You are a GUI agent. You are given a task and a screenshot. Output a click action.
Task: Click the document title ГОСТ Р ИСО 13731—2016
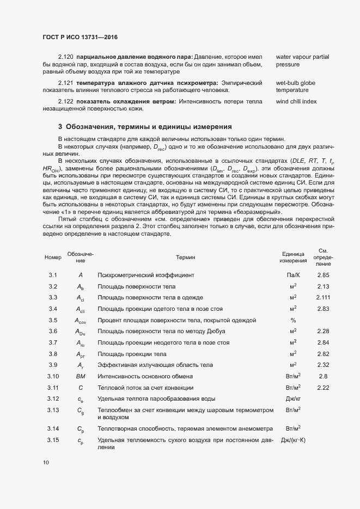point(80,37)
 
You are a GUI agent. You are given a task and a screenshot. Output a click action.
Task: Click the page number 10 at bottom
point(46,462)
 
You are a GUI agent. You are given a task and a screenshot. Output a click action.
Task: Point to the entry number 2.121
point(66,82)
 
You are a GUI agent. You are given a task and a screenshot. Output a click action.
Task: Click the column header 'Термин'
point(186,257)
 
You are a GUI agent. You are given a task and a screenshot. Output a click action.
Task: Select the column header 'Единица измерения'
point(293,257)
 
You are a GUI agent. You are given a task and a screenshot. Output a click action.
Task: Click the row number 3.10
point(53,376)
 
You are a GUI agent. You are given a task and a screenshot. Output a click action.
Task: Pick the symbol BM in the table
point(80,376)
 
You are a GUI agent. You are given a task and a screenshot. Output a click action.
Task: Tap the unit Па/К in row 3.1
point(293,275)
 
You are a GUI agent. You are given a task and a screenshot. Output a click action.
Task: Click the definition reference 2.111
point(323,297)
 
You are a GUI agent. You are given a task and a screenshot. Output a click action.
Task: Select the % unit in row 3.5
point(293,320)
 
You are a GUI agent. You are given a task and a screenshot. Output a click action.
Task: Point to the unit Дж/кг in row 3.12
point(293,399)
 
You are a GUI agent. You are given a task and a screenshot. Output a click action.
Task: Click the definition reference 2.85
point(323,275)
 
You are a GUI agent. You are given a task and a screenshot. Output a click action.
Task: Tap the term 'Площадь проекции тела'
point(129,354)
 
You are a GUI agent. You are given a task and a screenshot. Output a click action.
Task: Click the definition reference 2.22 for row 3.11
point(323,388)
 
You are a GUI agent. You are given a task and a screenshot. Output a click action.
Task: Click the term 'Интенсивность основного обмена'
point(145,376)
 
